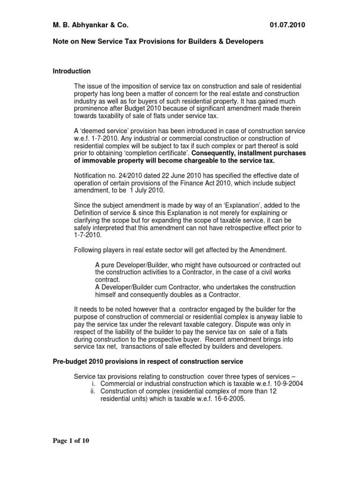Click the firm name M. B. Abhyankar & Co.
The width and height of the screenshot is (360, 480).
tap(90, 25)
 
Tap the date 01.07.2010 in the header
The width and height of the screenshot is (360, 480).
tap(288, 25)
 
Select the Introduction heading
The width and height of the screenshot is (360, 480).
tap(71, 71)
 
